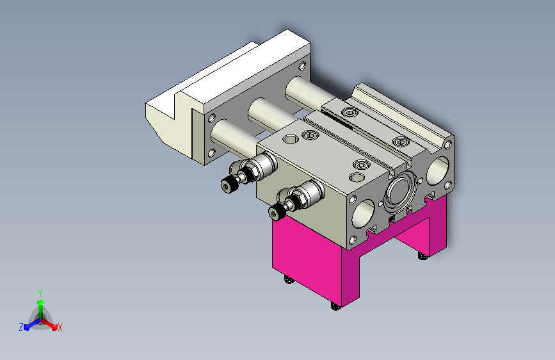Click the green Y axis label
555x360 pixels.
(x=40, y=293)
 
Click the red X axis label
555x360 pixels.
(x=60, y=328)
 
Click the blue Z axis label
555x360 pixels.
(x=21, y=327)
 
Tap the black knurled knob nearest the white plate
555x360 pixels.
(x=229, y=185)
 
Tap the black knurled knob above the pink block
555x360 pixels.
(x=277, y=212)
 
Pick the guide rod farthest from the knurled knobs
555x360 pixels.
(x=308, y=92)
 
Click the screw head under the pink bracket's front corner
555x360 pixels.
(x=335, y=306)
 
